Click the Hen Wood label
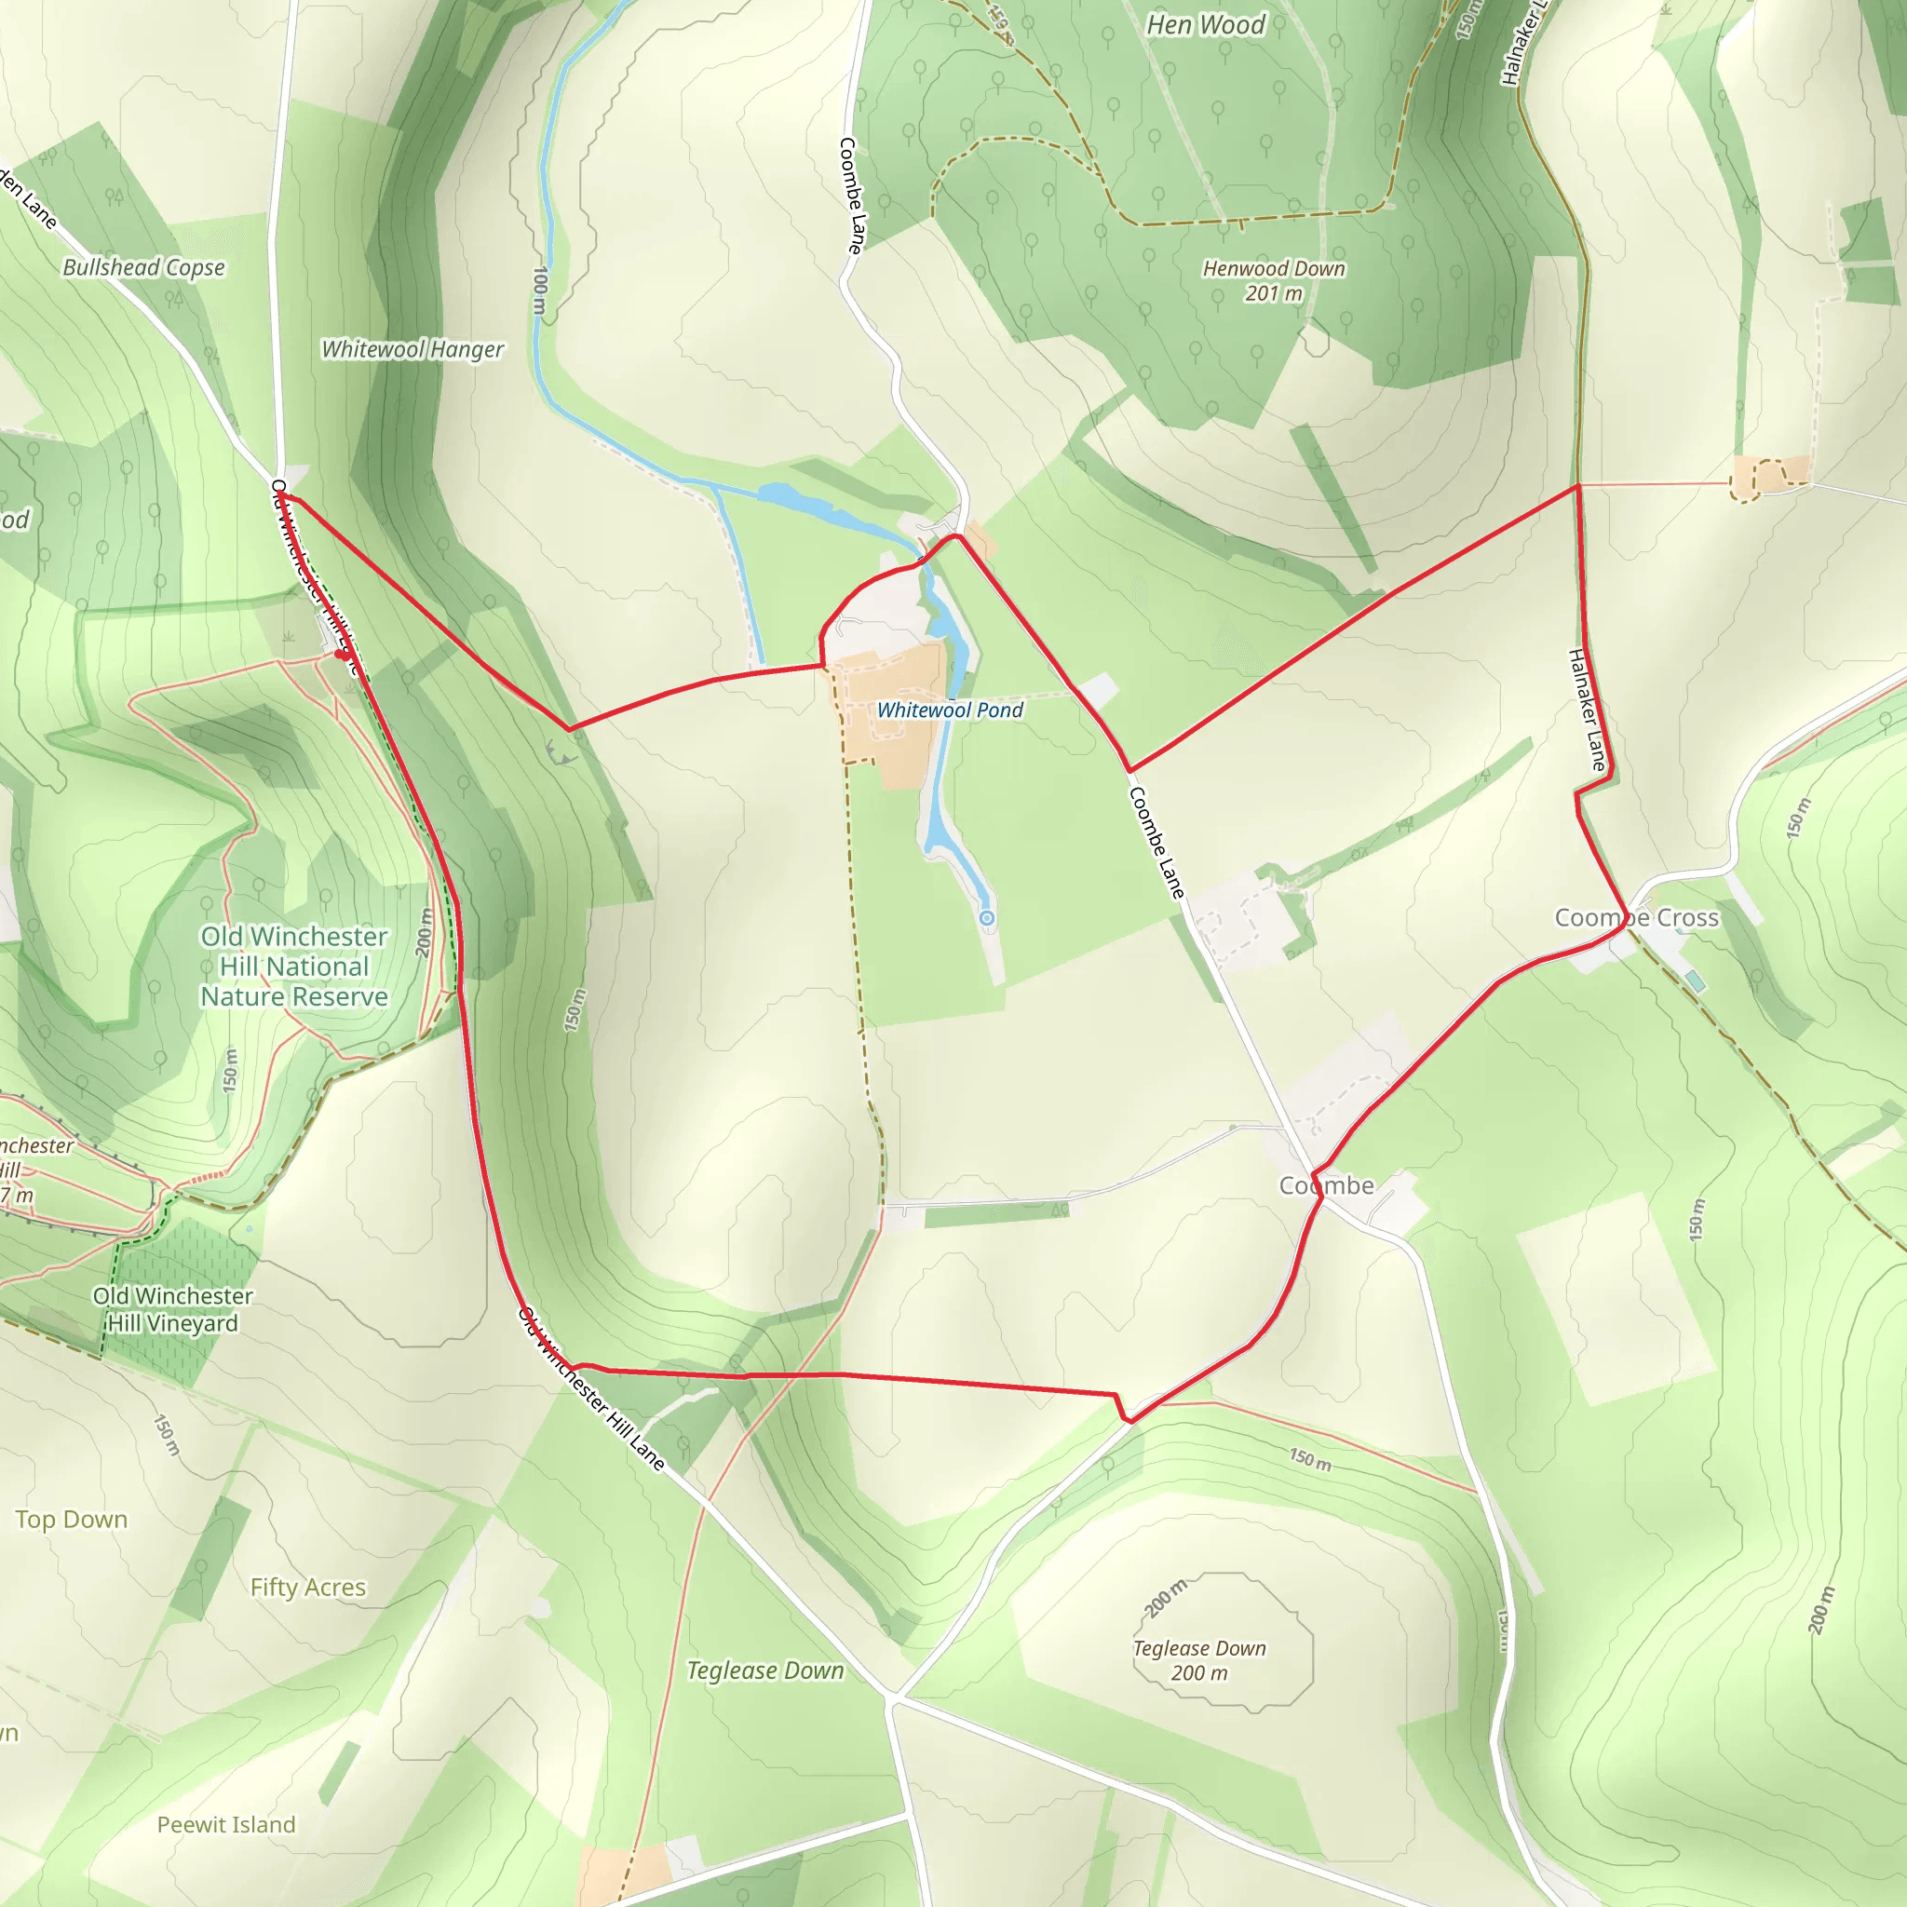pyautogui.click(x=1204, y=25)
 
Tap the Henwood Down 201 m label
pyautogui.click(x=1273, y=280)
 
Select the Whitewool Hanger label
pyautogui.click(x=413, y=349)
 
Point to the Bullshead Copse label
pyautogui.click(x=144, y=267)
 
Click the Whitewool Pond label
pyautogui.click(x=950, y=710)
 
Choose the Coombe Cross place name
pyautogui.click(x=1637, y=918)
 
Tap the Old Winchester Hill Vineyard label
pyautogui.click(x=173, y=1309)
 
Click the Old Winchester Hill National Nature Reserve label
pyautogui.click(x=294, y=967)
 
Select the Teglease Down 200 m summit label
pyautogui.click(x=1198, y=1660)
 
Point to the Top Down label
pyautogui.click(x=71, y=1519)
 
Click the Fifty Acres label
pyautogui.click(x=308, y=1588)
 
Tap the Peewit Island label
pyautogui.click(x=226, y=1825)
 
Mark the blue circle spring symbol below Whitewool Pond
pyautogui.click(x=986, y=919)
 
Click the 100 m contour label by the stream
pyautogui.click(x=540, y=290)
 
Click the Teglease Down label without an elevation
pyautogui.click(x=765, y=1670)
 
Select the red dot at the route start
pyautogui.click(x=342, y=654)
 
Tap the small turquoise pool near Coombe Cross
pyautogui.click(x=1694, y=981)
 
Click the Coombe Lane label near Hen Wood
pyautogui.click(x=852, y=196)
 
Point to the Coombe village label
pyautogui.click(x=1326, y=1185)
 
